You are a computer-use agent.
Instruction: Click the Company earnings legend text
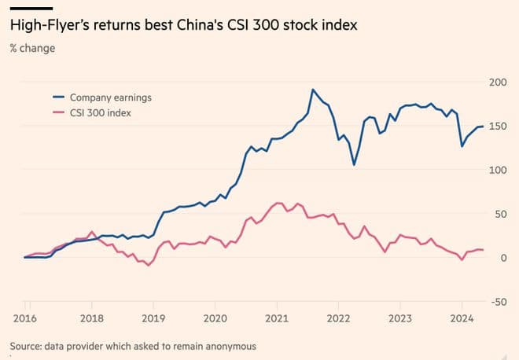pyautogui.click(x=110, y=97)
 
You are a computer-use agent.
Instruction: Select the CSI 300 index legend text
pyautogui.click(x=100, y=113)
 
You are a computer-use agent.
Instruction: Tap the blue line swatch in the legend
pyautogui.click(x=58, y=97)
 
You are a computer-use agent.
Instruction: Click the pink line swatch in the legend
pyautogui.click(x=58, y=113)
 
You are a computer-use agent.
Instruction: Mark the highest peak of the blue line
pyautogui.click(x=312, y=90)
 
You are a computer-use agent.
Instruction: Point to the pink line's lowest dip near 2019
pyautogui.click(x=148, y=265)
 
